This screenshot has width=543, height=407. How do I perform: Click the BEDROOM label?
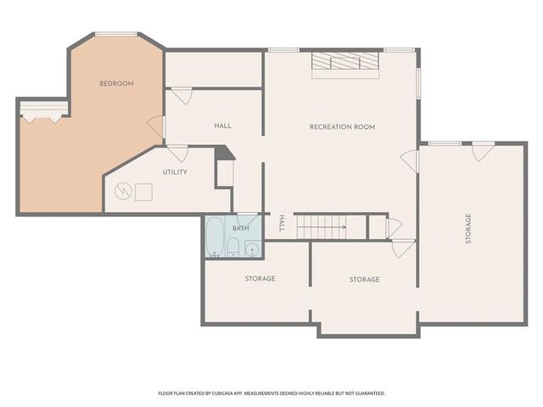pyautogui.click(x=116, y=83)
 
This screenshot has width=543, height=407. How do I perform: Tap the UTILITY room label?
pyautogui.click(x=176, y=172)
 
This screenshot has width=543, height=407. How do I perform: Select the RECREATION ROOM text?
pyautogui.click(x=342, y=127)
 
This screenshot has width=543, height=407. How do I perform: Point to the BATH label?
pyautogui.click(x=241, y=229)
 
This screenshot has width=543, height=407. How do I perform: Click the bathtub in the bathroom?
pyautogui.click(x=215, y=237)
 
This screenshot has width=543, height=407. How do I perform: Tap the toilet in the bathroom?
pyautogui.click(x=232, y=248)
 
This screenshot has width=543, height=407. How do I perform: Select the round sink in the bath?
pyautogui.click(x=251, y=250)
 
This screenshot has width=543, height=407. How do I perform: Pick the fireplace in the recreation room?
pyautogui.click(x=344, y=64)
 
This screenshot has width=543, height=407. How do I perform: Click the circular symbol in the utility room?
pyautogui.click(x=125, y=192)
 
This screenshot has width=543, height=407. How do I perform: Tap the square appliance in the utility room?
pyautogui.click(x=143, y=192)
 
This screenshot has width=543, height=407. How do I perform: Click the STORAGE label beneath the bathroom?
pyautogui.click(x=260, y=278)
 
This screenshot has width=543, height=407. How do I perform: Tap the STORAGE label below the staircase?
pyautogui.click(x=364, y=279)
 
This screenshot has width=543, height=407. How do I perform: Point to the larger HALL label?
pyautogui.click(x=222, y=125)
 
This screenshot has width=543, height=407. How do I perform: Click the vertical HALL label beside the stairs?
pyautogui.click(x=282, y=225)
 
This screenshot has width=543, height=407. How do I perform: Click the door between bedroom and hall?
pyautogui.click(x=156, y=126)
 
